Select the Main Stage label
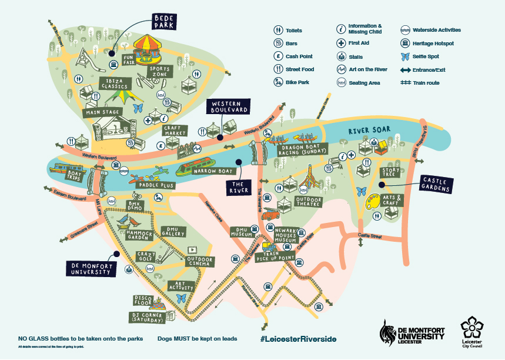[102, 112]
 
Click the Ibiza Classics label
[113, 83]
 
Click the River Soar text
[367, 131]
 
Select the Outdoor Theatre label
[309, 201]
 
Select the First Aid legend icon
[340, 43]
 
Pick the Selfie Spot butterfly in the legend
[404, 56]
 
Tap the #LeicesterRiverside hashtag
[298, 339]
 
